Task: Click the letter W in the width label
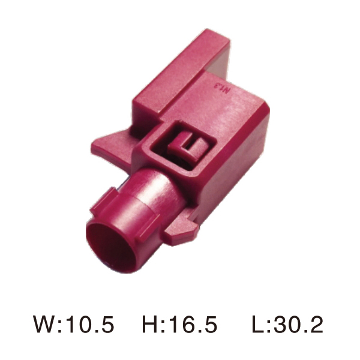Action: [45, 325]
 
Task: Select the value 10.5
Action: [89, 325]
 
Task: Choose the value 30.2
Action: [298, 325]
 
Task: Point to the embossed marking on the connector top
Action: [223, 89]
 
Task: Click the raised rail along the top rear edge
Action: [180, 60]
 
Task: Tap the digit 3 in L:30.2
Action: [280, 325]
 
